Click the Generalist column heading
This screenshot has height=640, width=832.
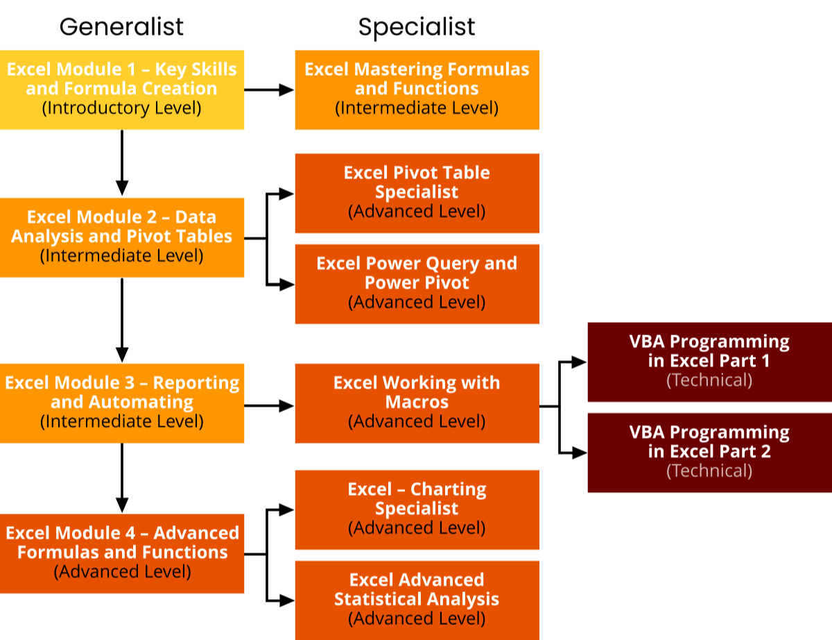[121, 26]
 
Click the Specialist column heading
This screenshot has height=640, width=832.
[417, 26]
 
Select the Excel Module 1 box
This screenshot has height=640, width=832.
[121, 89]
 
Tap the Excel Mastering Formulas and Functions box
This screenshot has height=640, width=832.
[417, 89]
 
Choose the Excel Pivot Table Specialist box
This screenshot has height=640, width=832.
[417, 192]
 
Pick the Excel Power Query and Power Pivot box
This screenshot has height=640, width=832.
[417, 283]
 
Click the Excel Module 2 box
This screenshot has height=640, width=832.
[121, 237]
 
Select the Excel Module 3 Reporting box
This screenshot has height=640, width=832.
[121, 403]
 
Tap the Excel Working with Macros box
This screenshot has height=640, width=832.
[417, 403]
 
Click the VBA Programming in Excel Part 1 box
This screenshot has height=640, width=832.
[709, 361]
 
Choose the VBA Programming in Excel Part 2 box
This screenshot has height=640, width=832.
[709, 452]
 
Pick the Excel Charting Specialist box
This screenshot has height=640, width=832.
[417, 509]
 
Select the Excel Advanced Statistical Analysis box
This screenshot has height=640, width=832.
[417, 600]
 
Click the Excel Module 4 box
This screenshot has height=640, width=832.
[121, 553]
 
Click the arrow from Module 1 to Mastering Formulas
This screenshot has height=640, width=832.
[269, 90]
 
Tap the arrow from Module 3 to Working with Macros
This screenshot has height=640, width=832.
[269, 406]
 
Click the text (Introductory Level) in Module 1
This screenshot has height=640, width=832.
[121, 108]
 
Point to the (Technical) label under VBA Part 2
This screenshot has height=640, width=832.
[709, 471]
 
